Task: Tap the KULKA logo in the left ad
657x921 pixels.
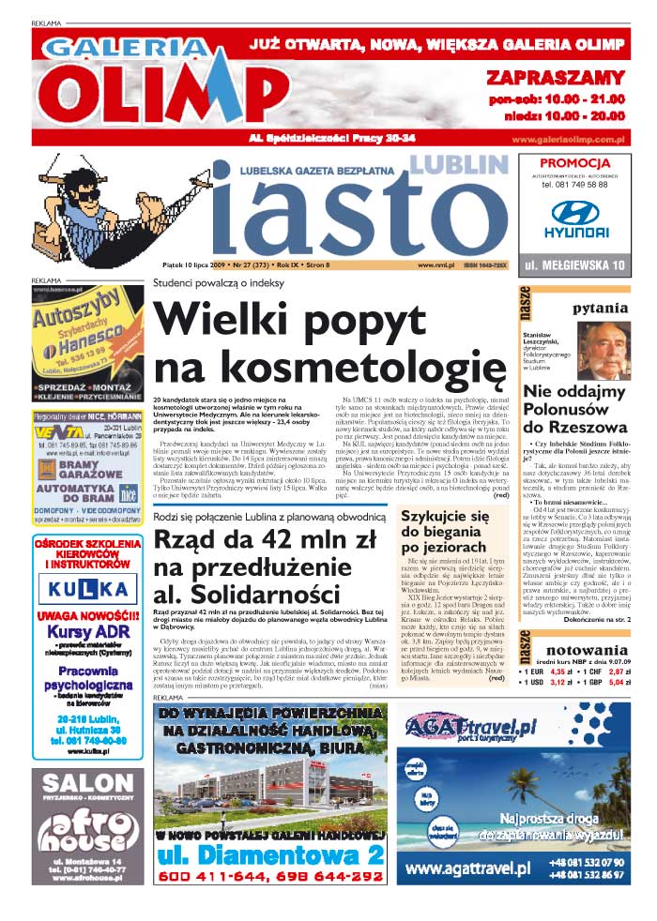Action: tap(88, 589)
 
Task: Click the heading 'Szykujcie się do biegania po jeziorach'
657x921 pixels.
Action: tap(444, 531)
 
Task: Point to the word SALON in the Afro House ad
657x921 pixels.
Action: tap(87, 784)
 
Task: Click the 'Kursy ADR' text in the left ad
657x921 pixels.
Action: tap(87, 632)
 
